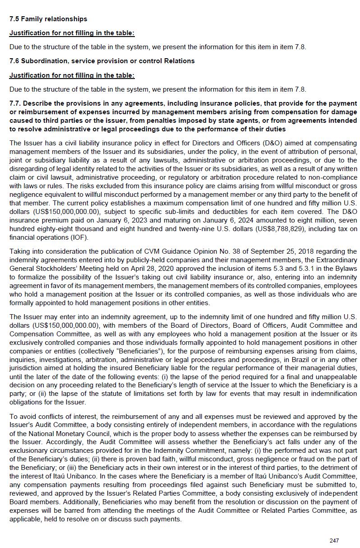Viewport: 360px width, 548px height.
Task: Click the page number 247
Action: click(x=334, y=540)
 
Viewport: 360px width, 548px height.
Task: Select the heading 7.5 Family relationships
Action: click(x=48, y=19)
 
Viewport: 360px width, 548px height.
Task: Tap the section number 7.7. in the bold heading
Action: click(x=16, y=103)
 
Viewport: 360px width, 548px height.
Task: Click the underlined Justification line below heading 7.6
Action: click(x=72, y=75)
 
